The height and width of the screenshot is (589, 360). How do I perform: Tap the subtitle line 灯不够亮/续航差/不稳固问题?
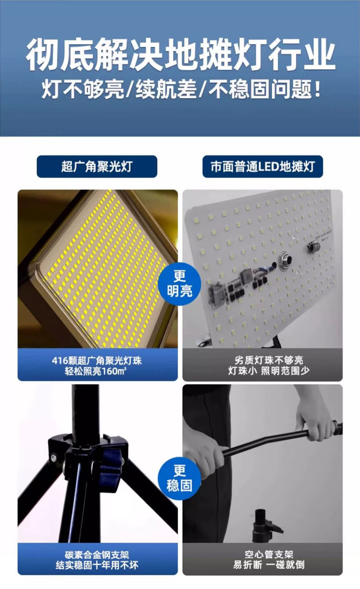[180, 90]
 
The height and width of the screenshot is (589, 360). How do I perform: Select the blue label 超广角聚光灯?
[97, 166]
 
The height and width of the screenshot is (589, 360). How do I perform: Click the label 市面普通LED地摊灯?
[262, 166]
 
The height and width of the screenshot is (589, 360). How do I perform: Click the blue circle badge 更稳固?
[180, 478]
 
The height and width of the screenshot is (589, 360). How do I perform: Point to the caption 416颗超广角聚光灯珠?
[97, 360]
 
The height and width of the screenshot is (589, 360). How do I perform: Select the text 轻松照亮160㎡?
[97, 371]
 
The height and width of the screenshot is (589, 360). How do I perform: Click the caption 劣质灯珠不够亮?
[262, 360]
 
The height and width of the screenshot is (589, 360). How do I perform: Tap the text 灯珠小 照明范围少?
[262, 371]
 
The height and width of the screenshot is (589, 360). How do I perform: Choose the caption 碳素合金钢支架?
[97, 555]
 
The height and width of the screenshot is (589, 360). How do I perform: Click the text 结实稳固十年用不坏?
[97, 565]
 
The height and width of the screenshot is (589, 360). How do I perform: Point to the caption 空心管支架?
[262, 555]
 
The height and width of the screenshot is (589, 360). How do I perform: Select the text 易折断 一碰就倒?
[262, 565]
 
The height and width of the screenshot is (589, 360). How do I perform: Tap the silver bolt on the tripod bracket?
[53, 457]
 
